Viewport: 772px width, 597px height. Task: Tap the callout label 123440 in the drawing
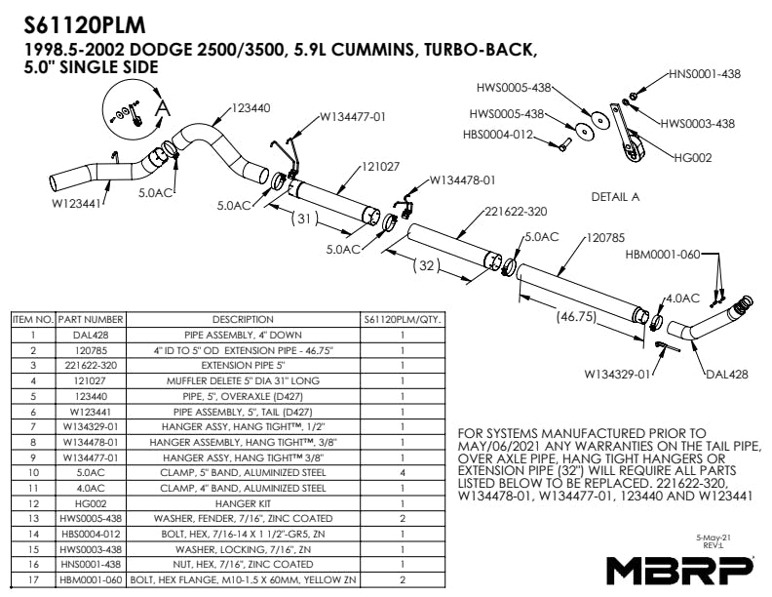(x=251, y=107)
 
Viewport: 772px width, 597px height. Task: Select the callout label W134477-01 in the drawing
(x=353, y=116)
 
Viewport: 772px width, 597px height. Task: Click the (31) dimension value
(x=306, y=219)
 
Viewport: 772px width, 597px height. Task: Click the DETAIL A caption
(x=615, y=196)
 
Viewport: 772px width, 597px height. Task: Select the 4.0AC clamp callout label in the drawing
(x=682, y=297)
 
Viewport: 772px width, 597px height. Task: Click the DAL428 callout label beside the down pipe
(x=725, y=374)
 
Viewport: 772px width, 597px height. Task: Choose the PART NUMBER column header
(x=90, y=319)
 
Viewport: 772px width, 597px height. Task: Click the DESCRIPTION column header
(x=243, y=319)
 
